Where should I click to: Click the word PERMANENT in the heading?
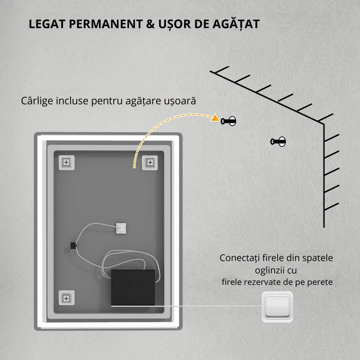(x=106, y=24)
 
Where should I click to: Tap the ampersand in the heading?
(x=150, y=24)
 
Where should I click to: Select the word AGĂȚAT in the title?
(x=236, y=24)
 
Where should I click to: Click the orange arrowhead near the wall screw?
(x=215, y=118)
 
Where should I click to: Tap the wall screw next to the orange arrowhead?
(x=228, y=121)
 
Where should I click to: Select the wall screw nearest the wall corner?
(x=278, y=141)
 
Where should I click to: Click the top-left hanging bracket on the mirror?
(x=67, y=162)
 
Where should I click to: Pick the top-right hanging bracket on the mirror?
(x=150, y=162)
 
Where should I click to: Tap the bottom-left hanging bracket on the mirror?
(x=67, y=298)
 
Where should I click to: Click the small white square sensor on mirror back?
(x=121, y=229)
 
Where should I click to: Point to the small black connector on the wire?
(x=73, y=245)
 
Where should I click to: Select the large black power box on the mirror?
(x=133, y=288)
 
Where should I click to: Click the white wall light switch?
(x=277, y=307)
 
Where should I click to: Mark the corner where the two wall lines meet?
(x=324, y=124)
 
